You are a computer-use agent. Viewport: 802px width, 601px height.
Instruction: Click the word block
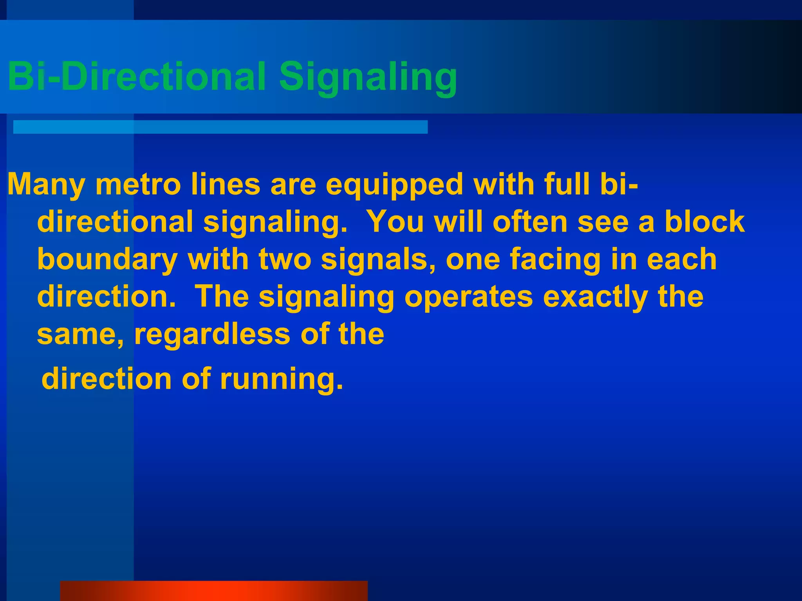[x=704, y=221]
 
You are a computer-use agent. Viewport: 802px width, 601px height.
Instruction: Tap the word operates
[x=468, y=297]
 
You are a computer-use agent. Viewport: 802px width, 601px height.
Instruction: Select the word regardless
[x=212, y=335]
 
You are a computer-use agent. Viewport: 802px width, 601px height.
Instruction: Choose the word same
[x=80, y=335]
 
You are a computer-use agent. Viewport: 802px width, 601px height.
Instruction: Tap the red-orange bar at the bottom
[x=214, y=591]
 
